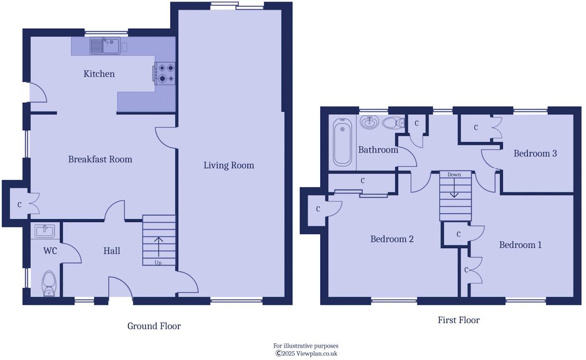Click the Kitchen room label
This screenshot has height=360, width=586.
point(99,74)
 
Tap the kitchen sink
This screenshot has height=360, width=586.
point(105,46)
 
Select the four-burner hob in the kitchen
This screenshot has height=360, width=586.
point(165,74)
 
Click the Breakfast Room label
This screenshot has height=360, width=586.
point(100,159)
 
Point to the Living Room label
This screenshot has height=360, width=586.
point(229,165)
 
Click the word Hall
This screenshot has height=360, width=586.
point(111,251)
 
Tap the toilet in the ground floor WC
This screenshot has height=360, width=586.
point(49,284)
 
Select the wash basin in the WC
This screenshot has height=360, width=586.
point(45,231)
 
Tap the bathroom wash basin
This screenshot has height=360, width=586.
point(369,122)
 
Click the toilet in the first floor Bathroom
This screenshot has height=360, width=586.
point(393,123)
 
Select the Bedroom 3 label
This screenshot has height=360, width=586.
point(535,153)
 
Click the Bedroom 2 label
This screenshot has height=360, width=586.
point(391,239)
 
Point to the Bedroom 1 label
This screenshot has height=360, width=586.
point(520,245)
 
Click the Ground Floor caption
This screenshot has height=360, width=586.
point(154,326)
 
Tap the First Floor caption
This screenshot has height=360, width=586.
point(458,320)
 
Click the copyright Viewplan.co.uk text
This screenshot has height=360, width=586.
point(306,354)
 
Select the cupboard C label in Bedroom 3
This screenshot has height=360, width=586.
point(476,128)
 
